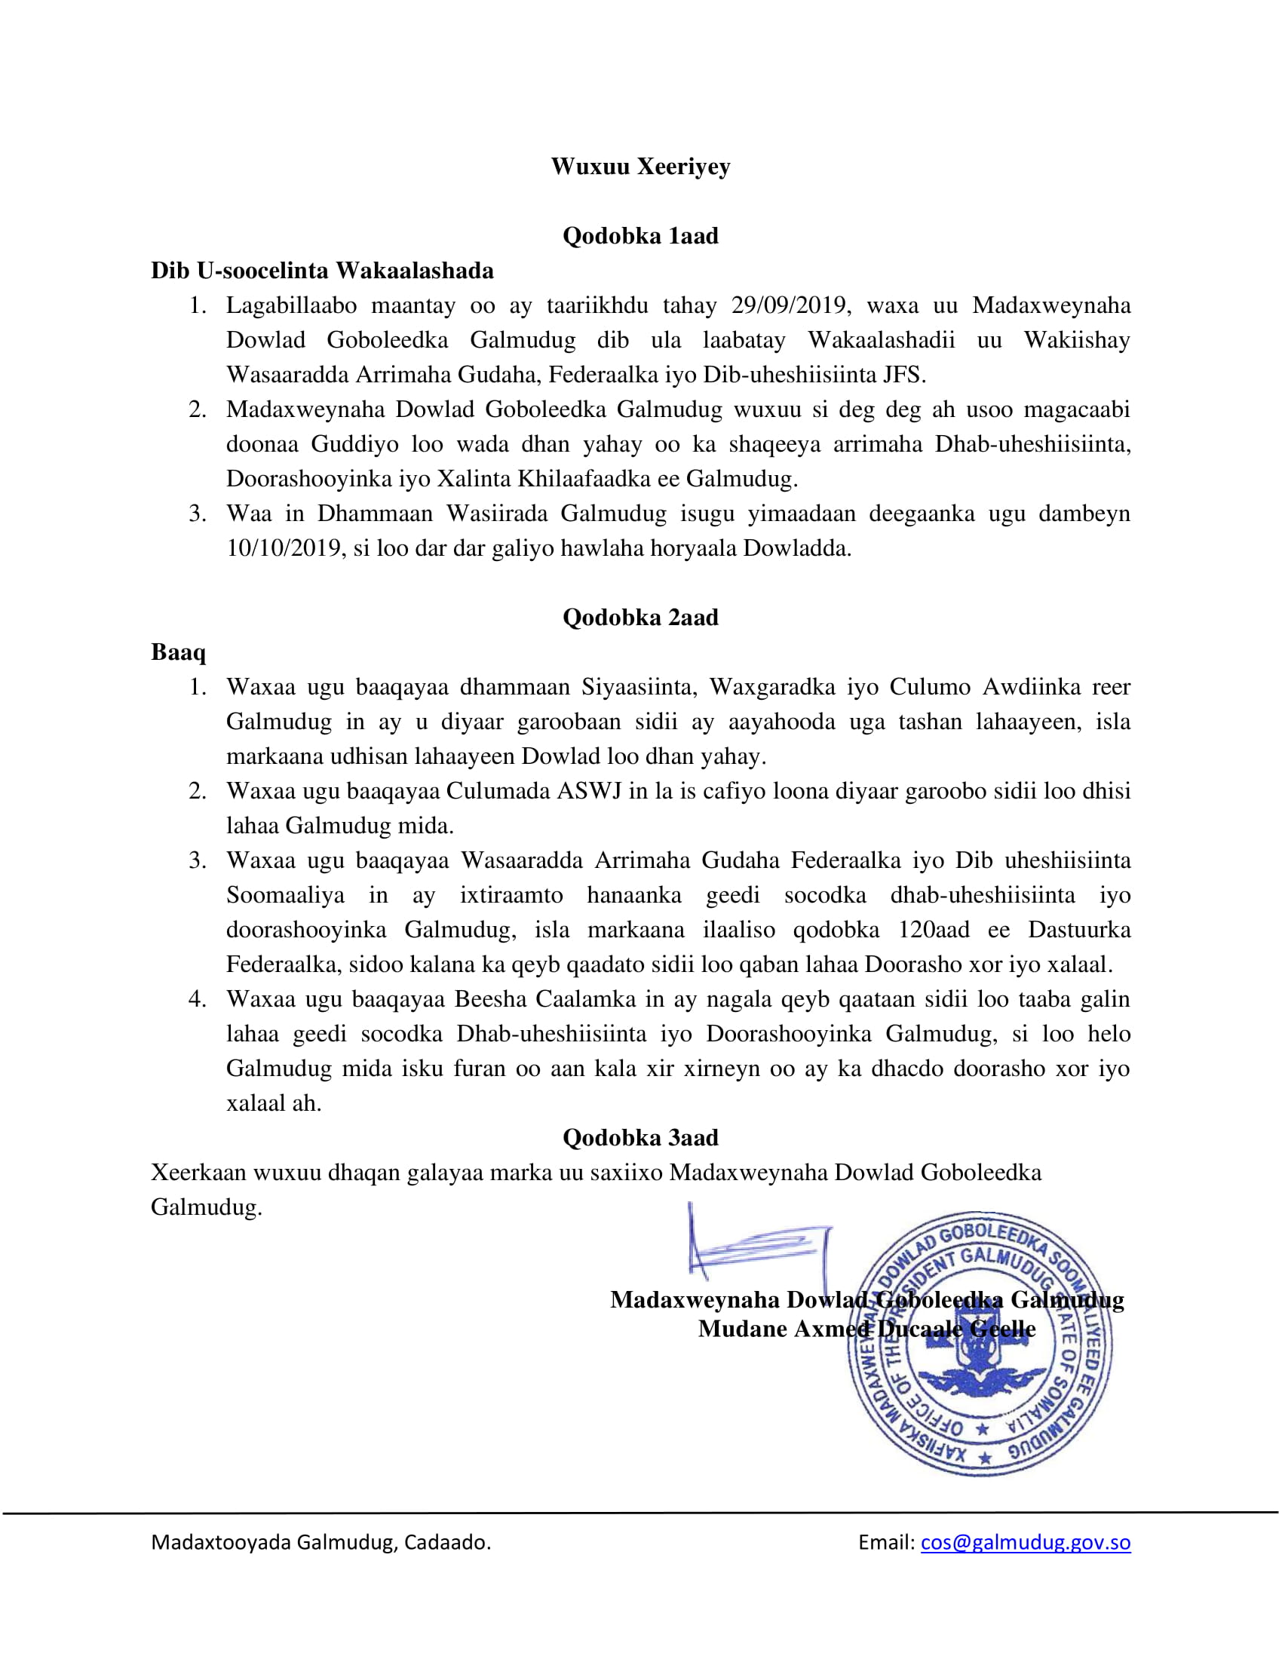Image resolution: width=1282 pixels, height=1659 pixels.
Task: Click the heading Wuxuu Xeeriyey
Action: click(640, 167)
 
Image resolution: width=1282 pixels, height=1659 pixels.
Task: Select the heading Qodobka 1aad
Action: click(640, 236)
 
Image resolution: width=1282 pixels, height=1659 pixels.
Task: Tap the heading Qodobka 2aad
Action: click(640, 618)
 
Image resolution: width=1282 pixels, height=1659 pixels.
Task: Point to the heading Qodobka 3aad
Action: click(640, 1138)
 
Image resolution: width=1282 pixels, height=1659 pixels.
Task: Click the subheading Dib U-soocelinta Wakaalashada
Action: click(322, 271)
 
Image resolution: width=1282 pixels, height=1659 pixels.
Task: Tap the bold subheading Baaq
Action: click(179, 652)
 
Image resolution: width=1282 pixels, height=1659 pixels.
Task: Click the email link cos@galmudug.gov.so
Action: click(1026, 1543)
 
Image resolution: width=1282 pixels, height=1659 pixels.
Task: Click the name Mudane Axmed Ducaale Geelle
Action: click(866, 1329)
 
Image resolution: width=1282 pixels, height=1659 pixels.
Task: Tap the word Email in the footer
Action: click(885, 1543)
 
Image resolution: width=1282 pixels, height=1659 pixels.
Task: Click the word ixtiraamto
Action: click(511, 895)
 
